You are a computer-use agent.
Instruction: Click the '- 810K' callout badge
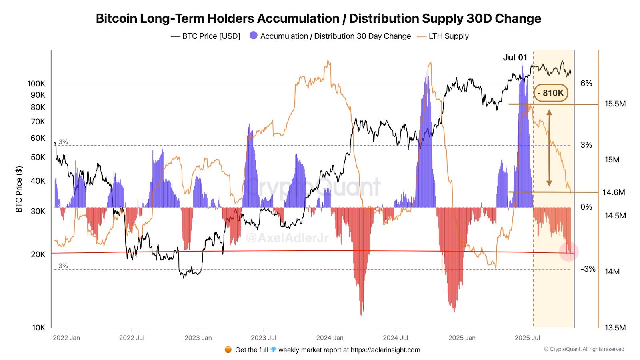coord(551,93)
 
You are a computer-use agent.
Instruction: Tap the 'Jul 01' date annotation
coord(515,58)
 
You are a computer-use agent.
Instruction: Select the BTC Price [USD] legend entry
coord(206,36)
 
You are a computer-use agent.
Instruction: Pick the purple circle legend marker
coord(254,36)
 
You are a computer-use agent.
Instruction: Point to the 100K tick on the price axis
coord(36,84)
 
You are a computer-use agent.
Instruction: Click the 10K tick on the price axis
coord(39,328)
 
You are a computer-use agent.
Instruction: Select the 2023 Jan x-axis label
coord(198,338)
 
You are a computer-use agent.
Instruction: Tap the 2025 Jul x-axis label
coord(527,338)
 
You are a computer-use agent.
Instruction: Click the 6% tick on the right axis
coord(586,83)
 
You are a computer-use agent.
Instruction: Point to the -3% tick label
coord(588,269)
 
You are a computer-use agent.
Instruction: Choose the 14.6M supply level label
coord(614,192)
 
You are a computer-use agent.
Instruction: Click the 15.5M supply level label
coord(615,104)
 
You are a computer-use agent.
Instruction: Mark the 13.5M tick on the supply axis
coord(615,328)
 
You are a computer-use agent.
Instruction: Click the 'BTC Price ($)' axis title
coord(19,189)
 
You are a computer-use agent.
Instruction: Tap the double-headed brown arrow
coord(549,148)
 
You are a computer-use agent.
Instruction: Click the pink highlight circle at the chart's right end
coord(569,252)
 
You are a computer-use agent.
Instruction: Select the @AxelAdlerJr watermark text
coord(287,238)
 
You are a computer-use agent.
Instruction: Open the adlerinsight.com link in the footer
coord(385,350)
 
